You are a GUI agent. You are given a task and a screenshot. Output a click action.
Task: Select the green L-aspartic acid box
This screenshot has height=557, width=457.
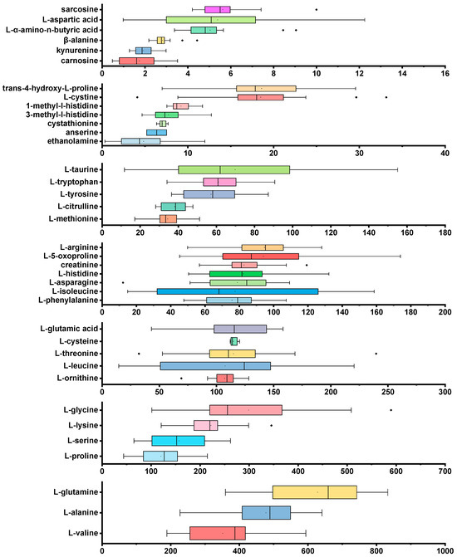211,19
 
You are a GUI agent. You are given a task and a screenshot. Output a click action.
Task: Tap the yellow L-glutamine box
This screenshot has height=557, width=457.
314,492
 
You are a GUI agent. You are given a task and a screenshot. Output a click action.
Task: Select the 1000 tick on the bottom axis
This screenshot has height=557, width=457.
445,550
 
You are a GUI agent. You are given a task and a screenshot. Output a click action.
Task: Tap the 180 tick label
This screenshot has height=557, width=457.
445,234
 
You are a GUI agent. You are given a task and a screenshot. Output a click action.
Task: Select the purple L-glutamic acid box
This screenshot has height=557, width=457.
240,329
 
